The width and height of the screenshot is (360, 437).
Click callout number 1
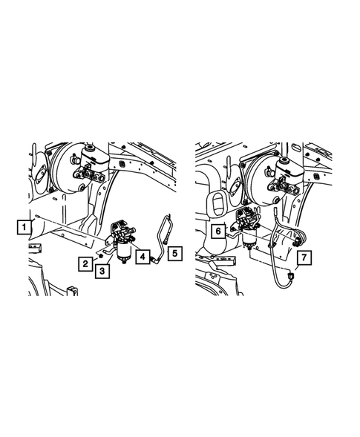[x=24, y=224]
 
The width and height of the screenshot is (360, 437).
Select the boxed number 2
[x=88, y=262]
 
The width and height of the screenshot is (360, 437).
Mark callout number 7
[x=304, y=258]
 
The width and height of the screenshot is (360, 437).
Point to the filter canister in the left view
[x=123, y=251]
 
